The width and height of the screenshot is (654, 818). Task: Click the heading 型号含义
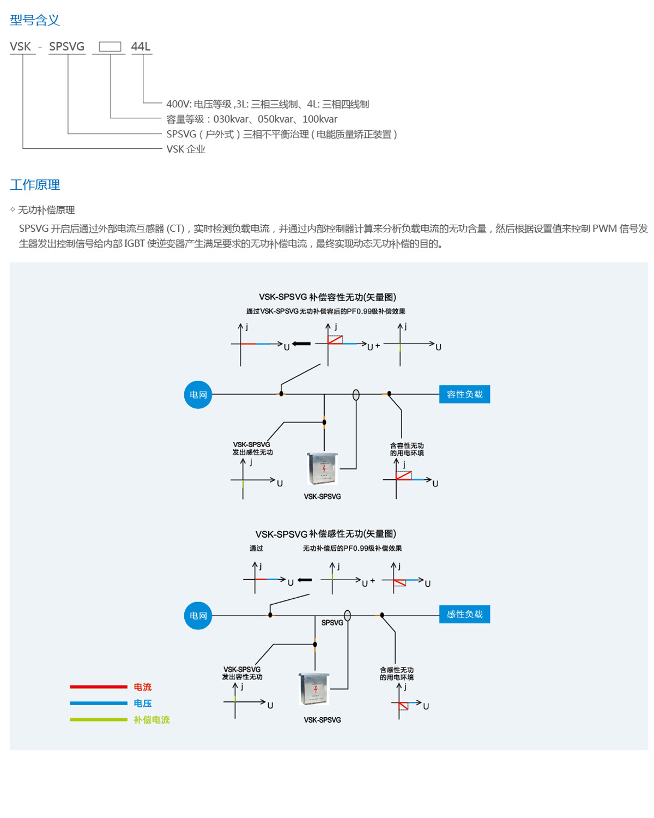34,20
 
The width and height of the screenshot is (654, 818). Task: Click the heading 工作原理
34,185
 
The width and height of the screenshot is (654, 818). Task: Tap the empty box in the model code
110,47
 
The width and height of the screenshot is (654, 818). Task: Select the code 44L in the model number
141,47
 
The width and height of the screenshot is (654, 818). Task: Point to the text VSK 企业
186,149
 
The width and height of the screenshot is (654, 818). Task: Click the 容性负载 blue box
464,394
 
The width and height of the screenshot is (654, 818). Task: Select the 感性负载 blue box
464,615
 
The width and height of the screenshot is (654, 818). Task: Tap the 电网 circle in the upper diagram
198,395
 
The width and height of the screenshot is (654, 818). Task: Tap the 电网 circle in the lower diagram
198,616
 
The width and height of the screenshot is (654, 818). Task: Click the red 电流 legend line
98,687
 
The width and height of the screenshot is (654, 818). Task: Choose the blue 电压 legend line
98,703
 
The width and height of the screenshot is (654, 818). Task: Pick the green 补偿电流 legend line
98,720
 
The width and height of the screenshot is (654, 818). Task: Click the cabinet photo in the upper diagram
323,468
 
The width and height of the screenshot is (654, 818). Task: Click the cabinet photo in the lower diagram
314,689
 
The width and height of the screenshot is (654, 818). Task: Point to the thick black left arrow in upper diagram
301,344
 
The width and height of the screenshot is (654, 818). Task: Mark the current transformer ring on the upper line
356,395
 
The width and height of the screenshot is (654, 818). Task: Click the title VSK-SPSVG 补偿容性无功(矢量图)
327,297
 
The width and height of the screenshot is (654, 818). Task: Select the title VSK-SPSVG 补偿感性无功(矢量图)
325,534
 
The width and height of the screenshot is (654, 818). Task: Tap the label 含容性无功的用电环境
407,449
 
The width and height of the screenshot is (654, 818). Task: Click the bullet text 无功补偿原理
46,210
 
